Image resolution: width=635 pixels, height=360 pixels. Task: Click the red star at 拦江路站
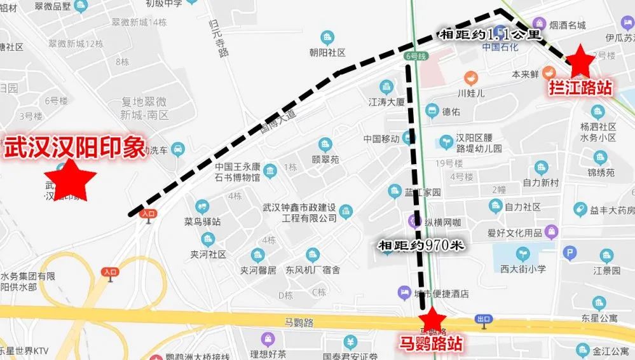click(x=580, y=61)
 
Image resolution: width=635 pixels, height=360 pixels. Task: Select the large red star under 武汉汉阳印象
click(x=70, y=177)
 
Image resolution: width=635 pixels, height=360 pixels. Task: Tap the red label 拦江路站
click(x=581, y=88)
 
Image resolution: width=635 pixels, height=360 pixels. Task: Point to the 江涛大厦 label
click(x=386, y=101)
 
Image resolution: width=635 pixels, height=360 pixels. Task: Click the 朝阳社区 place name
click(x=327, y=52)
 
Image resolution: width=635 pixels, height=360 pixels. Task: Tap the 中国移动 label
click(x=382, y=139)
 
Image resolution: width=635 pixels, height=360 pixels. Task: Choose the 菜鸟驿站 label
click(x=202, y=222)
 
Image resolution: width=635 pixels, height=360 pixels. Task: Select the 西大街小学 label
click(x=522, y=268)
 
